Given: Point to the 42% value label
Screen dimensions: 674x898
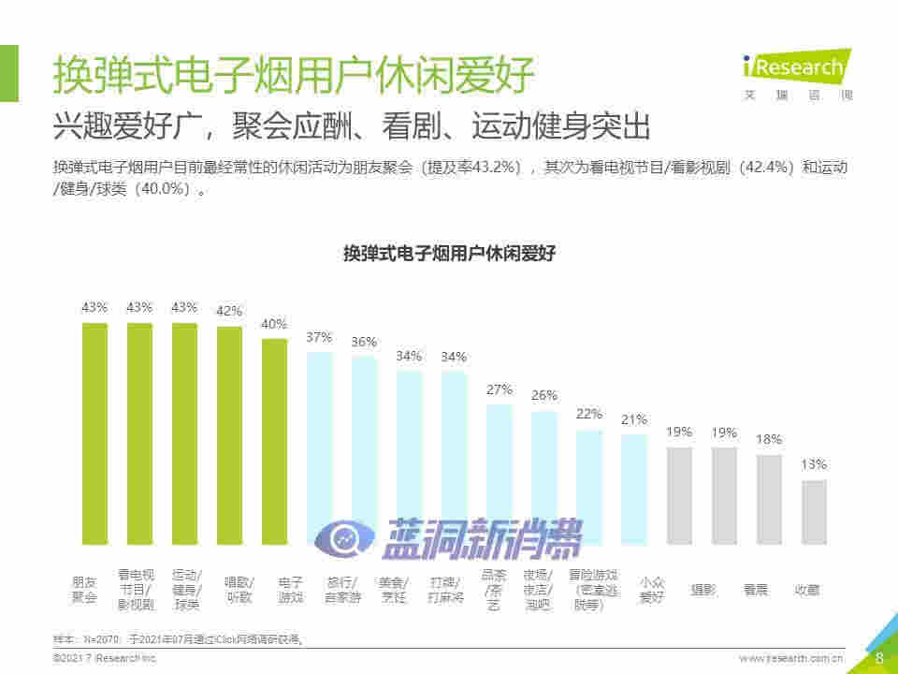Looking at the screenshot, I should pos(229,311).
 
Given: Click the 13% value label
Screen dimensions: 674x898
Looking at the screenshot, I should pos(814,464).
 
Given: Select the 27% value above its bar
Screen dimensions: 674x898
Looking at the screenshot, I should pos(499,389).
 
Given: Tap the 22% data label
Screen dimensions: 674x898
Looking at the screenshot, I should pos(588,414).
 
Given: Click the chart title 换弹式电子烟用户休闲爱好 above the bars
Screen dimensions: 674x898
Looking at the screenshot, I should pos(449,254).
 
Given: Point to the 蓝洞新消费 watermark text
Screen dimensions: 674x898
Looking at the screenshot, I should pos(481,537).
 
